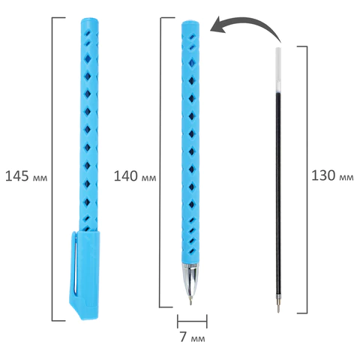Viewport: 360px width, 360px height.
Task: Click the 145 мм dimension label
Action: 26,176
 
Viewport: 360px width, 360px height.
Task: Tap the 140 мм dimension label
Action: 135,176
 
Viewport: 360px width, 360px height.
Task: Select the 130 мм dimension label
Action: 332,175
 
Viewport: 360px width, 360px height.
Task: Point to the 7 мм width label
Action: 193,337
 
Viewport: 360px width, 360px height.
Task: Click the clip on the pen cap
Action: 74,262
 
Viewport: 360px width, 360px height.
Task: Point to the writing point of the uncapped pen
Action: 190,303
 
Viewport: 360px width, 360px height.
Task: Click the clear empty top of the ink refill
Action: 278,70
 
